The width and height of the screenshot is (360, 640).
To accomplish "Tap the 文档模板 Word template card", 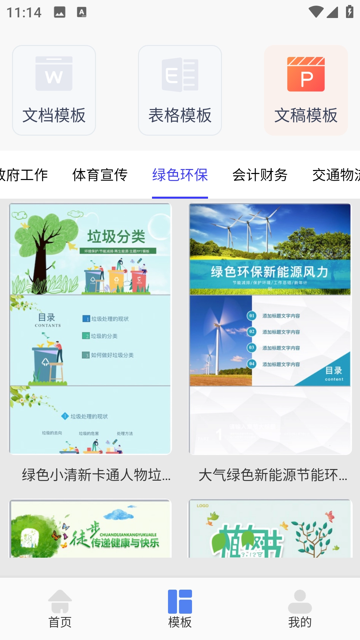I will pos(54,90).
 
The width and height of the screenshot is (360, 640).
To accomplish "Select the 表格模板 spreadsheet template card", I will pos(180,90).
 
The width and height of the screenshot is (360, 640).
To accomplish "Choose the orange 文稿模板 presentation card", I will pos(306,90).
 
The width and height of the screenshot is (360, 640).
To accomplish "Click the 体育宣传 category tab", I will pos(100,175).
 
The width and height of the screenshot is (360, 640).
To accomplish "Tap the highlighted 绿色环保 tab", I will pos(180,175).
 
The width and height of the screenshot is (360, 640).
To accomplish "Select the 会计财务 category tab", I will pos(260,175).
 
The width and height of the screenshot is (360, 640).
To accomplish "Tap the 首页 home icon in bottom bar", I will pos(60,608).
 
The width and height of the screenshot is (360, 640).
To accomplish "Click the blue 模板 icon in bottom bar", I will pos(180,608).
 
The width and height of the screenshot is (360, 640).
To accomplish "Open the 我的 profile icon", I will pos(300,608).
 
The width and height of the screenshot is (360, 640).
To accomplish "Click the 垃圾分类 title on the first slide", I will pos(116,237).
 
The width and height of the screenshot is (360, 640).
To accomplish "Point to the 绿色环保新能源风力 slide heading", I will pos(269,272).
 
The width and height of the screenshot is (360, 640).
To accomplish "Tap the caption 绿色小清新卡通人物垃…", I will pos(96,475).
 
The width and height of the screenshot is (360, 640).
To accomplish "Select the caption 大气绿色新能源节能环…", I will pos(273,475).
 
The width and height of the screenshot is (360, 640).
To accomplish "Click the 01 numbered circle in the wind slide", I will pos(252,316).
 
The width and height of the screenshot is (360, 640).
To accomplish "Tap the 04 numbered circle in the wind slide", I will pos(252,364).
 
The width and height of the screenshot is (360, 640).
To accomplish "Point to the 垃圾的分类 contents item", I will pos(104,336).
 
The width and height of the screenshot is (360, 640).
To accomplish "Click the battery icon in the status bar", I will pos(349,12).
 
